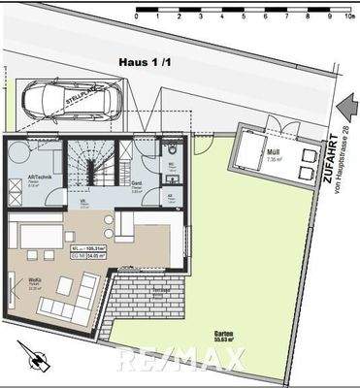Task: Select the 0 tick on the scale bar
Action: [138, 16]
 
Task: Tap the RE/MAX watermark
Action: [180, 361]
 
